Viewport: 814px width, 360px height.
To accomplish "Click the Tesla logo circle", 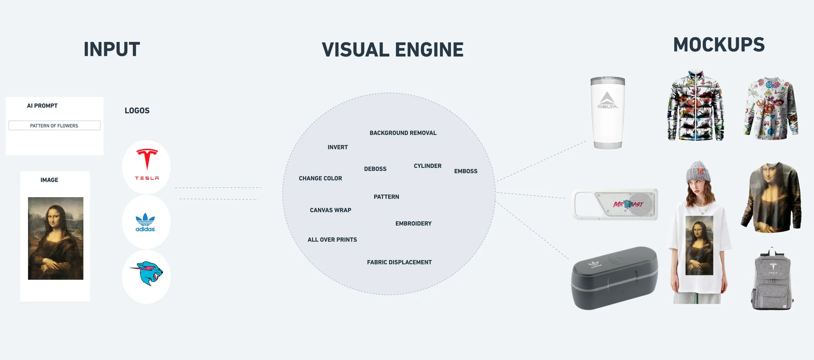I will [146, 167].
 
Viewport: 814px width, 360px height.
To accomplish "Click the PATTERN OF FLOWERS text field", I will [54, 126].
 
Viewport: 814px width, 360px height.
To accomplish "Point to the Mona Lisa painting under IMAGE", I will [56, 238].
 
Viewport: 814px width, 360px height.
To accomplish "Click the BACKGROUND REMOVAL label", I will [403, 133].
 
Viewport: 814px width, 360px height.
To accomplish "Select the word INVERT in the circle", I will [337, 147].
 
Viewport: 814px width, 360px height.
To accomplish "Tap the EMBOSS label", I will [466, 171].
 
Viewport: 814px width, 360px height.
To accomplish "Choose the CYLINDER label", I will [427, 166].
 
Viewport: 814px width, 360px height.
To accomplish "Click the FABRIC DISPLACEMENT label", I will [399, 262].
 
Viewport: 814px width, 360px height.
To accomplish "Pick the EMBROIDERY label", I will [413, 223].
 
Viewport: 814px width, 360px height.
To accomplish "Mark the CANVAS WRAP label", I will [330, 210].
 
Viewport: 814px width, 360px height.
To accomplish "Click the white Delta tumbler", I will [608, 112].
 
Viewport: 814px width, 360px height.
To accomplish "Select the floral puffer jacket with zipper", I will [696, 107].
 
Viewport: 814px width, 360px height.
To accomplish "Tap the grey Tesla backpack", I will [772, 280].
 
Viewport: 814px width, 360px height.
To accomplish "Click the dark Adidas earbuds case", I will [614, 278].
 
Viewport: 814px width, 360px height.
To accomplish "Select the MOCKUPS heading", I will [719, 45].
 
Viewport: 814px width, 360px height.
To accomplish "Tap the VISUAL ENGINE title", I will [393, 50].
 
